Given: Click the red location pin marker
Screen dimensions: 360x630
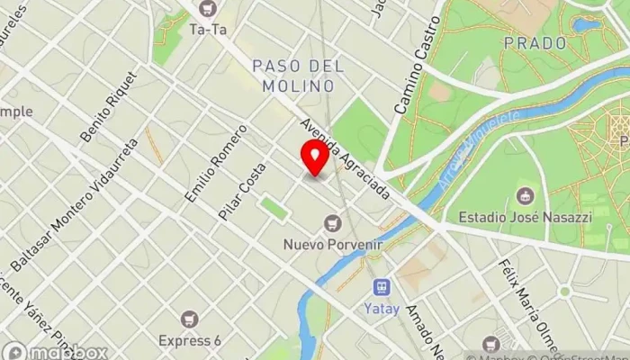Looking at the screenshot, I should [315, 157].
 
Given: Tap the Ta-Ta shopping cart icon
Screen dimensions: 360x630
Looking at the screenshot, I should [209, 9].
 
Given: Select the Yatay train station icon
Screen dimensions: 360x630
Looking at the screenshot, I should [382, 287].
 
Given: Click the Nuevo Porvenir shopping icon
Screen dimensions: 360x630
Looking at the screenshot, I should [334, 222].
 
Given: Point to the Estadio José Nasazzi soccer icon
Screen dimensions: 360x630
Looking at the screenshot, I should [525, 195].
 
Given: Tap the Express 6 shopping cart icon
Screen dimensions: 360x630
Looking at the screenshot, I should [190, 319].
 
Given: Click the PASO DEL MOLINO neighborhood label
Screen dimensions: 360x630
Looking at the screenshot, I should [293, 76].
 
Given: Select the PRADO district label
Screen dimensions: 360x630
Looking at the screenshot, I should [535, 42].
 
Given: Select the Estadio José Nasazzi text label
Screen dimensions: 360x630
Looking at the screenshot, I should [525, 217].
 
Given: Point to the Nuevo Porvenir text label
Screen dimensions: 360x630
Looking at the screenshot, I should [334, 244].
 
